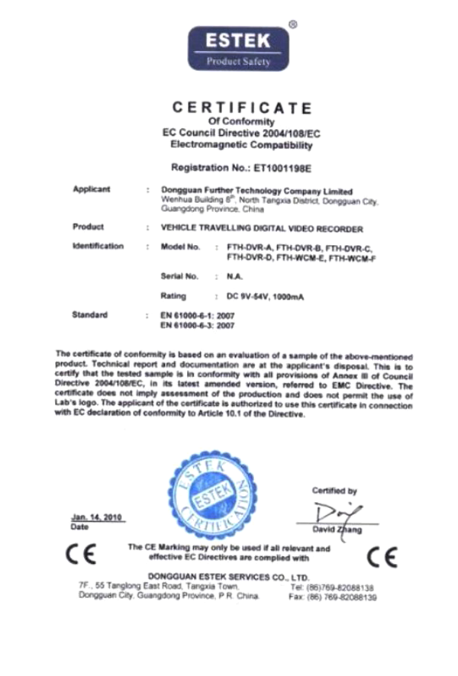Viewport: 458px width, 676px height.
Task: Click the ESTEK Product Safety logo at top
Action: [231, 48]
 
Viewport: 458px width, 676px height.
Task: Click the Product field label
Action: [88, 227]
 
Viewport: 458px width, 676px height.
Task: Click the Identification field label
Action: [98, 246]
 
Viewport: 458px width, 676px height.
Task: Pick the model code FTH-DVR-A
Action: [245, 248]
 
